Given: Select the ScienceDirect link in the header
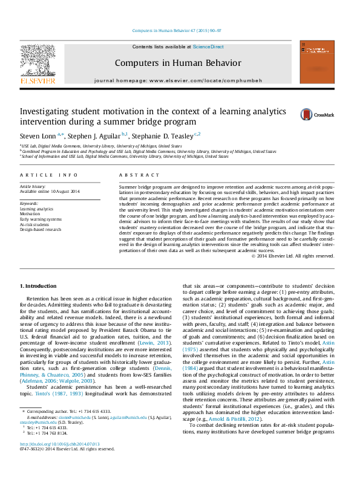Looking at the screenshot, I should click(x=208, y=47).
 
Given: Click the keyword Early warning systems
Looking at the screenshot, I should click(x=41, y=219).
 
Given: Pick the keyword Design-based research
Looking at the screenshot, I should click(x=41, y=229).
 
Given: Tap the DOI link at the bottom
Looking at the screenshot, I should click(x=60, y=461).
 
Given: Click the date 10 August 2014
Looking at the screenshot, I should click(x=66, y=192).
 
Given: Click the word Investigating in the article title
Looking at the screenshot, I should click(x=45, y=112).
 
